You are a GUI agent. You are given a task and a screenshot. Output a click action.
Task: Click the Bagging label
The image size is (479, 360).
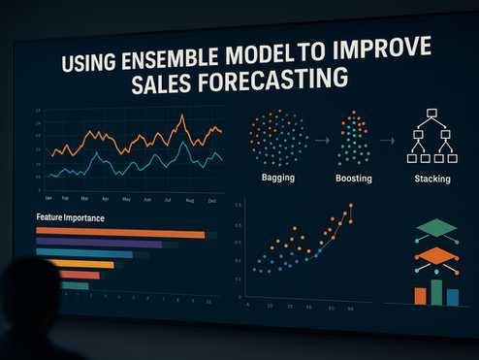(277, 179)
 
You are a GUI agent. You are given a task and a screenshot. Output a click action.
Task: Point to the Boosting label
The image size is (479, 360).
(353, 179)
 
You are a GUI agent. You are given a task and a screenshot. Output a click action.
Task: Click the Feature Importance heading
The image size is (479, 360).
(70, 218)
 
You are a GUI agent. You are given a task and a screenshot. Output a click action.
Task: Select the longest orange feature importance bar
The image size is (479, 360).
(120, 234)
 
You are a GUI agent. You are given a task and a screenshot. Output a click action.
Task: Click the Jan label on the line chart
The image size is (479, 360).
(48, 198)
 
